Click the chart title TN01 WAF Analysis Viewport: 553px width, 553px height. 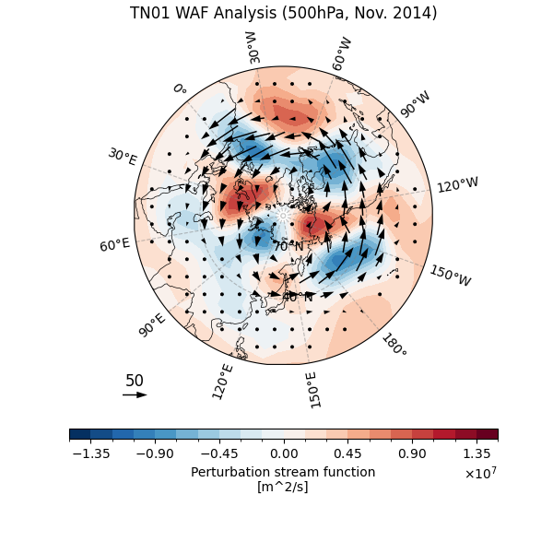[283, 14]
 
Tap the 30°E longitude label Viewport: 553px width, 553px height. [122, 157]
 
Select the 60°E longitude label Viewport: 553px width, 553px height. [114, 244]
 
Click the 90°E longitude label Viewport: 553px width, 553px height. [152, 324]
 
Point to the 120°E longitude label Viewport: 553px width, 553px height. [222, 381]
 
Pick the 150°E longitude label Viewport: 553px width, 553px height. [313, 389]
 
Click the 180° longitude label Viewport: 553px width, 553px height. [393, 346]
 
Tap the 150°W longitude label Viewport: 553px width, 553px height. [450, 276]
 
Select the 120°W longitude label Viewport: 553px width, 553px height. [457, 185]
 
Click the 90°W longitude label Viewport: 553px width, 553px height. [415, 104]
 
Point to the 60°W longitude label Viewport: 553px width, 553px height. [342, 54]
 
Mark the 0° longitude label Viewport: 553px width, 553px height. [179, 89]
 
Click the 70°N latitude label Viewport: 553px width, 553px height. [288, 247]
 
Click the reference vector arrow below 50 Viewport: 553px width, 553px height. [135, 394]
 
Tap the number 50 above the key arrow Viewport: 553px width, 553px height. [135, 381]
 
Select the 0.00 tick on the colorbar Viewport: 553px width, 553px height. [284, 453]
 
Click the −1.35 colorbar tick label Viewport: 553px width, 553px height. [90, 453]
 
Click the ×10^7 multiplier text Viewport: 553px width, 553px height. [480, 474]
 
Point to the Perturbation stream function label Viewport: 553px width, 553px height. [283, 472]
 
